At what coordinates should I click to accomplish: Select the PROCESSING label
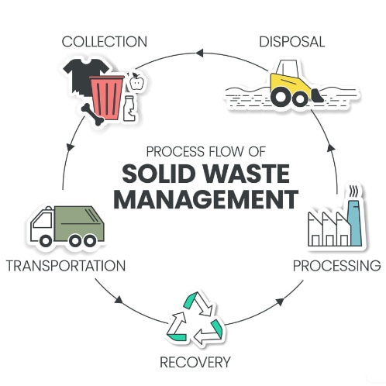click(336, 266)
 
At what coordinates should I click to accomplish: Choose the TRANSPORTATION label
click(65, 266)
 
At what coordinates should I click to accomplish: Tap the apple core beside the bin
click(137, 80)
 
